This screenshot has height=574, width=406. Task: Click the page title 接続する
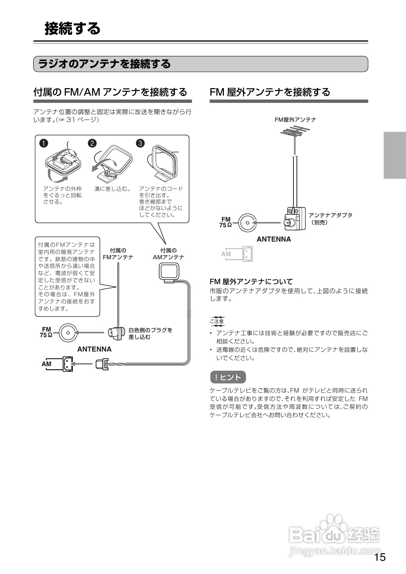tap(73, 29)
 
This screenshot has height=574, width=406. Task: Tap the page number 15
tap(380, 557)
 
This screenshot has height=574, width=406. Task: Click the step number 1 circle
tap(44, 143)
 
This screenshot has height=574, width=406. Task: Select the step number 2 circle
tap(92, 143)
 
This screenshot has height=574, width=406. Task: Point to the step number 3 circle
tap(140, 143)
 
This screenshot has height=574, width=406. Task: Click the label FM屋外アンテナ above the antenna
tap(295, 120)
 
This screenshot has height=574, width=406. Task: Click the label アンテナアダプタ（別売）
tap(330, 218)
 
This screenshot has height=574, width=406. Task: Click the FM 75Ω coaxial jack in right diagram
tap(247, 223)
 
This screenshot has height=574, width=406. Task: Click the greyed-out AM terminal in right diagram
tap(247, 254)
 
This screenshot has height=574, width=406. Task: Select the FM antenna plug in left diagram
tap(116, 332)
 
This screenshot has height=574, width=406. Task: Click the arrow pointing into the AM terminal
tap(82, 364)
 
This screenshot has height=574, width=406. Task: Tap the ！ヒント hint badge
tap(228, 377)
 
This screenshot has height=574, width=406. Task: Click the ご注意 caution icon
tap(217, 321)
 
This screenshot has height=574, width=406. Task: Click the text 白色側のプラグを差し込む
tap(150, 333)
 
